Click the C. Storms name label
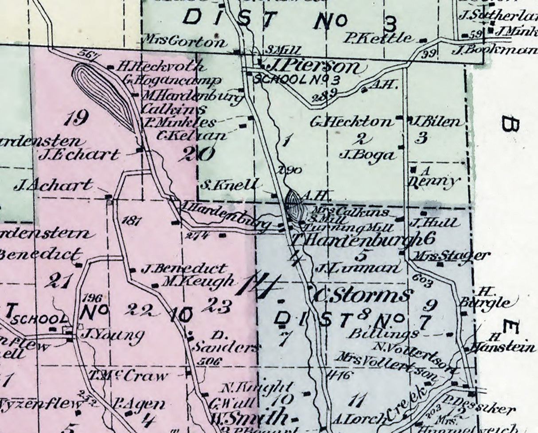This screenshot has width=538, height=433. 363,294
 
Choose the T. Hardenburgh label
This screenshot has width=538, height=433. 357,240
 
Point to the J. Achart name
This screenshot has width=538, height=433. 54,185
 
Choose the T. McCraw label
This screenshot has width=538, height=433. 129,376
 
